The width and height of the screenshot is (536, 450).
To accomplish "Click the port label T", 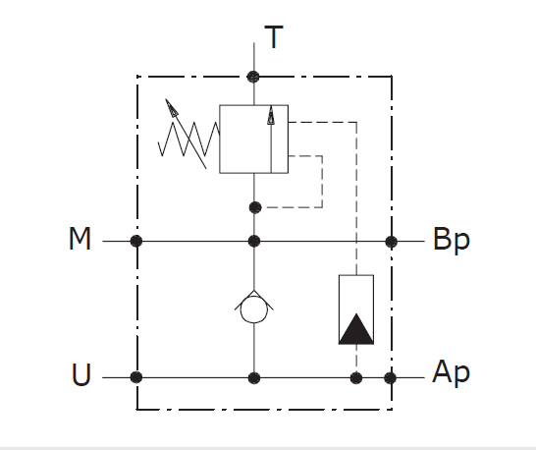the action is (x=274, y=37).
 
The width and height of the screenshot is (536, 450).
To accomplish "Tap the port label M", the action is (x=80, y=239).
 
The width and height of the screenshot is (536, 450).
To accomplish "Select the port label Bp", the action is (x=452, y=241).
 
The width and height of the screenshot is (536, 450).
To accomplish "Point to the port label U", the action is (x=81, y=374).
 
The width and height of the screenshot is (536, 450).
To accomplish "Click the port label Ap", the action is (x=452, y=373).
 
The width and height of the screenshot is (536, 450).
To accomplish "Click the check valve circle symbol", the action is (x=254, y=309).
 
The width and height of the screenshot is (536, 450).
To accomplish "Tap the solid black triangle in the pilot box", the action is (x=356, y=328).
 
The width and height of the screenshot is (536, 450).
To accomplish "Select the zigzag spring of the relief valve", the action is (x=188, y=139).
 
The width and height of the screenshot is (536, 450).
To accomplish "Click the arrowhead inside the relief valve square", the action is (x=271, y=115).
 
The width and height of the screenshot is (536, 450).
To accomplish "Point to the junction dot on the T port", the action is (x=253, y=77).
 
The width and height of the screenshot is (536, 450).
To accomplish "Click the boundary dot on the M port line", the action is (x=136, y=241).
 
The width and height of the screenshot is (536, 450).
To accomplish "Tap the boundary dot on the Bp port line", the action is (x=391, y=242).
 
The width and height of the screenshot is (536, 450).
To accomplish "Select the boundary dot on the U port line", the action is (x=136, y=377).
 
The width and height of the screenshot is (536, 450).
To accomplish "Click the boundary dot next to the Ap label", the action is (x=391, y=378).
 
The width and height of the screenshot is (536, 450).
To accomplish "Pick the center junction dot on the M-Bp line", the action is (x=254, y=241).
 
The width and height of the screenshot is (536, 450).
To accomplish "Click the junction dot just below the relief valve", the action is (x=255, y=207).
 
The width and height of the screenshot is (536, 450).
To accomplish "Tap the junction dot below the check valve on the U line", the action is (x=254, y=378).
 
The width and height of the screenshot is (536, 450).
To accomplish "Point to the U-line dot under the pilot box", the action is (x=356, y=378).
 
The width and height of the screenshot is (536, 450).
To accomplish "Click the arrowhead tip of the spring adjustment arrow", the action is (x=166, y=99).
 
